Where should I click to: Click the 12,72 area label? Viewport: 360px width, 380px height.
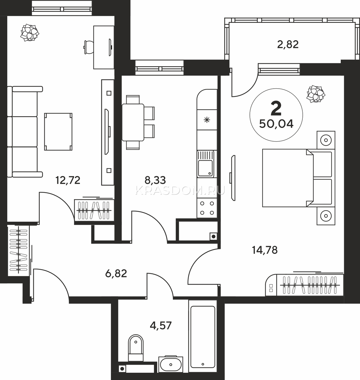pyautogui.click(x=68, y=180)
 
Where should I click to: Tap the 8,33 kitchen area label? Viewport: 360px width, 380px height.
pyautogui.click(x=155, y=180)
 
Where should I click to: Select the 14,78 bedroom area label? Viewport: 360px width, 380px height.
pyautogui.click(x=265, y=250)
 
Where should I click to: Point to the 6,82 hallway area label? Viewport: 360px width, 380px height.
pyautogui.click(x=116, y=274)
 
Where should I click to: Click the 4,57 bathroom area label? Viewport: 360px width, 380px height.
pyautogui.click(x=161, y=326)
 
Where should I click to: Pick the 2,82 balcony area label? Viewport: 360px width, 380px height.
pyautogui.click(x=288, y=44)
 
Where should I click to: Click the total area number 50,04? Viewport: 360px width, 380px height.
pyautogui.click(x=276, y=124)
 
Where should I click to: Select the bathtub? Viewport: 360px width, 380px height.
pyautogui.click(x=203, y=336)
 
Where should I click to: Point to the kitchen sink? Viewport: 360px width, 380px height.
pyautogui.click(x=205, y=164)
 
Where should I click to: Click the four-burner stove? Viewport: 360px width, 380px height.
pyautogui.click(x=207, y=208)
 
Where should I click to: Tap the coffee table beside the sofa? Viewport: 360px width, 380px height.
pyautogui.click(x=58, y=132)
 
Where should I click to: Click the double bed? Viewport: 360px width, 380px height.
pyautogui.click(x=299, y=178)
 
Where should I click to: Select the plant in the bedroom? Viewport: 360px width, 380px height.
pyautogui.click(x=316, y=94)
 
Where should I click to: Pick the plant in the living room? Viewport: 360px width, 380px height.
pyautogui.click(x=29, y=33)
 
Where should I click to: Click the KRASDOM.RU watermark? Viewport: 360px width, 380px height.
pyautogui.click(x=180, y=191)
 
